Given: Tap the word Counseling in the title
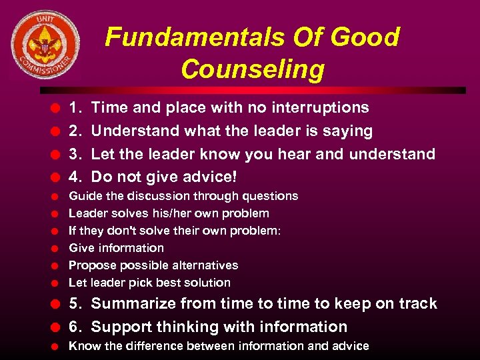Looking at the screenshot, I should click(x=252, y=69).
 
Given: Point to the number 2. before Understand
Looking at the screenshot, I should click(x=77, y=131).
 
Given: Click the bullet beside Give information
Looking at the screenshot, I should click(x=58, y=249).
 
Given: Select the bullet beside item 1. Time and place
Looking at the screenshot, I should click(x=58, y=108).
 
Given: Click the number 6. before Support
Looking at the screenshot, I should click(x=77, y=327).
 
